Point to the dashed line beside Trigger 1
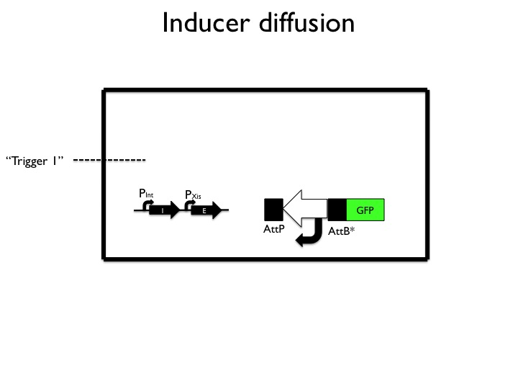point(109,159)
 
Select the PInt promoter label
point(146,193)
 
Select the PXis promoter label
point(193,194)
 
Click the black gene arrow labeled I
point(163,210)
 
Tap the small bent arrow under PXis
point(190,205)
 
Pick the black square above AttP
point(274,210)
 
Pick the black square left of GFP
point(337,210)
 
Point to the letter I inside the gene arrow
point(163,210)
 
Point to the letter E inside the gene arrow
point(204,210)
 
